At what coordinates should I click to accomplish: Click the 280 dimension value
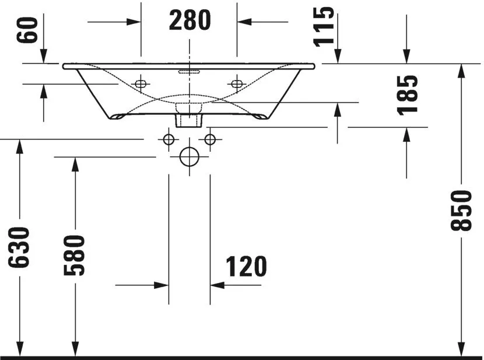pyautogui.click(x=190, y=20)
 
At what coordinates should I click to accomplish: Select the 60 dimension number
pyautogui.click(x=27, y=30)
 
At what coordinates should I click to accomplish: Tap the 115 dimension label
pyautogui.click(x=324, y=27)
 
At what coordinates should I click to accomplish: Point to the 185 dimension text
pyautogui.click(x=408, y=96)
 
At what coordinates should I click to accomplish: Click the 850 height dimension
pyautogui.click(x=461, y=211)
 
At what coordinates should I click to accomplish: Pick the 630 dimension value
pyautogui.click(x=19, y=247)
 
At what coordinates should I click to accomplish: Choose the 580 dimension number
pyautogui.click(x=74, y=255)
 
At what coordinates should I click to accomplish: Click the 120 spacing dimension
pyautogui.click(x=246, y=267)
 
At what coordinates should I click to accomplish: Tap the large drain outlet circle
pyautogui.click(x=189, y=157)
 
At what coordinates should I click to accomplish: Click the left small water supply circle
pyautogui.click(x=169, y=139)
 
